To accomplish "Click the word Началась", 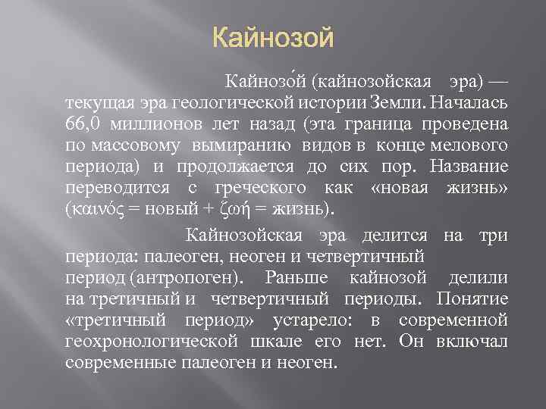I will (463, 101).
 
